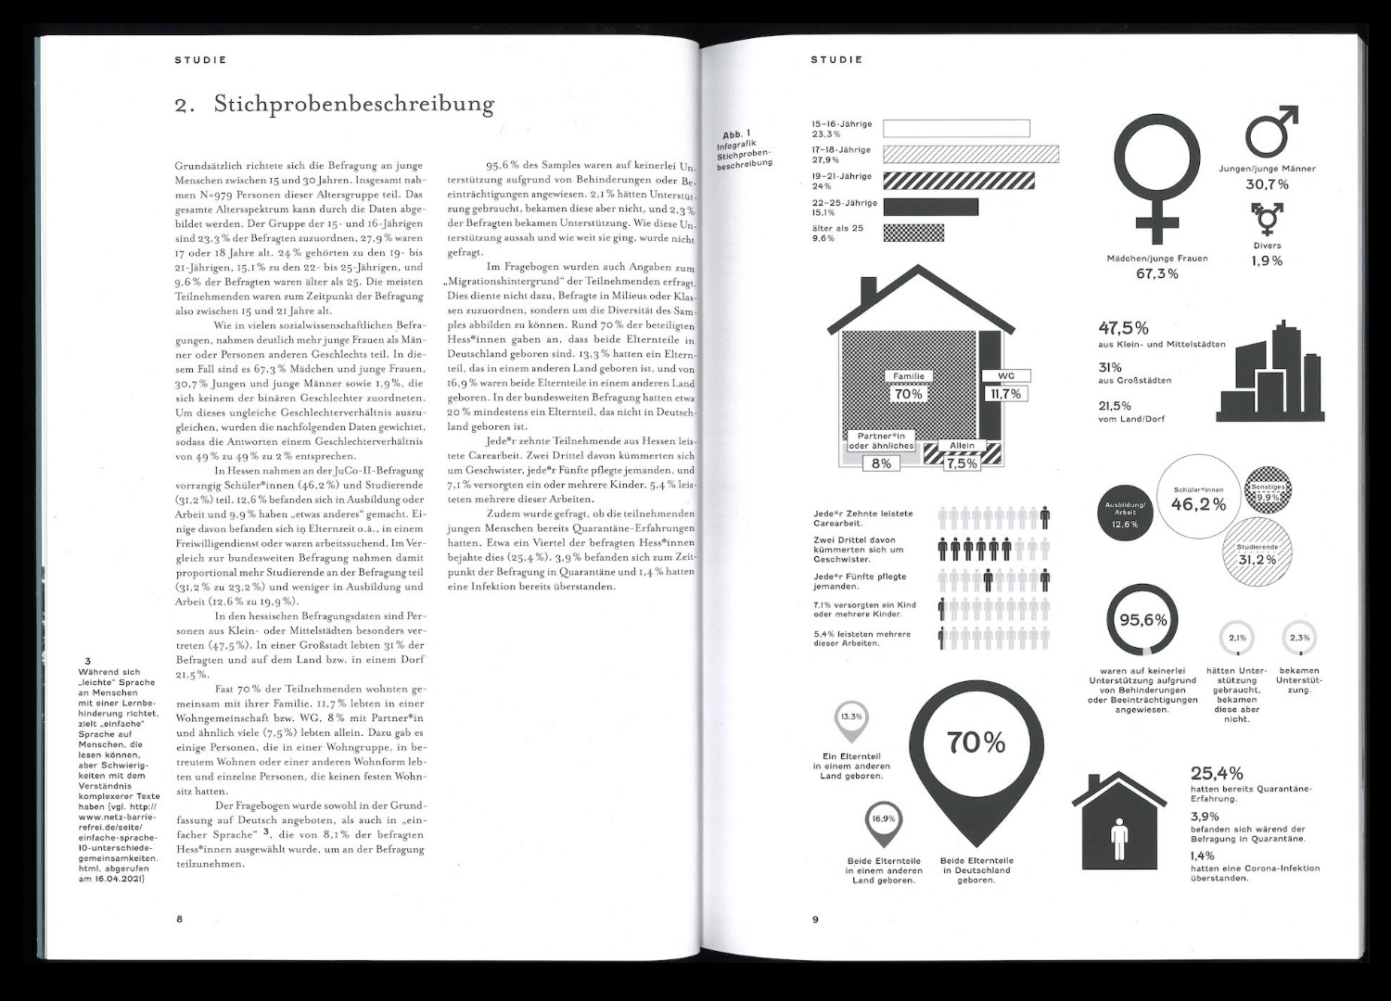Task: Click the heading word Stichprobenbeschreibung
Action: tap(353, 104)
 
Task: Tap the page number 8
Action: tap(180, 919)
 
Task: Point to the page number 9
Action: tap(815, 919)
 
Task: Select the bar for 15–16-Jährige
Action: tap(956, 129)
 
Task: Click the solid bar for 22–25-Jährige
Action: tap(930, 207)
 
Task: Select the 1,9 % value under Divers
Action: tap(1267, 261)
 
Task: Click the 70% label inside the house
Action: tap(908, 394)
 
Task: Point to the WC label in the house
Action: tap(1006, 375)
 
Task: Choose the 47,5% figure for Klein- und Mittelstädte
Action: tap(1124, 328)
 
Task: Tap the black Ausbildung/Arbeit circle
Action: tap(1124, 513)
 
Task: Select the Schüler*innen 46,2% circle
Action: tap(1198, 500)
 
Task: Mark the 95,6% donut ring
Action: tap(1142, 620)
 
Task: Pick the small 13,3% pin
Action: tap(851, 718)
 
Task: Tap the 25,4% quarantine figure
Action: tap(1217, 773)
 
